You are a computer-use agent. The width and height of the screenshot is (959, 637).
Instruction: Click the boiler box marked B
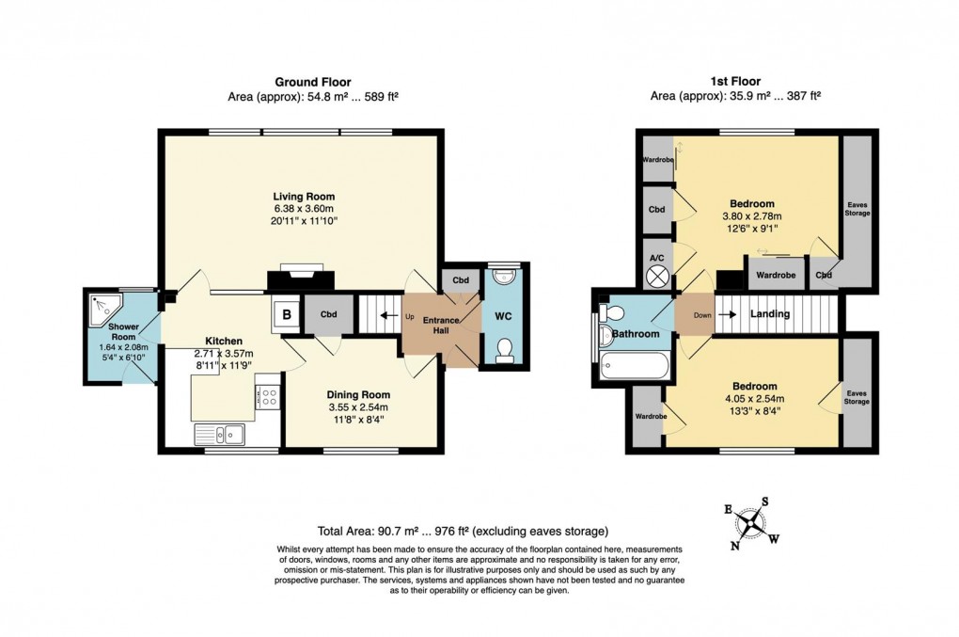285,315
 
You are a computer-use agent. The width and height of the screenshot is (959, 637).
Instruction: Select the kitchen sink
220,433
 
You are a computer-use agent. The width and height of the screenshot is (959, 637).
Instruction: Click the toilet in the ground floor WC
505,349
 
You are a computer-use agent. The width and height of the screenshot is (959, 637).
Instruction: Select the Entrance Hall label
439,326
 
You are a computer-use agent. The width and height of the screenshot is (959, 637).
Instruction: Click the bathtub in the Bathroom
632,365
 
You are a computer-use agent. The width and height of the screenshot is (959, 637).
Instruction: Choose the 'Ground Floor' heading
312,82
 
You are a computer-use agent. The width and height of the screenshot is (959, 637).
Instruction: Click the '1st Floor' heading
736,82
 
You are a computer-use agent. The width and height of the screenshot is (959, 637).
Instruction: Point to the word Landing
769,314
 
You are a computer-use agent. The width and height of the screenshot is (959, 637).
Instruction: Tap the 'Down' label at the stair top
701,315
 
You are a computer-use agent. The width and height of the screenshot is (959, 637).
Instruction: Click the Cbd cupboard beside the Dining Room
328,314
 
